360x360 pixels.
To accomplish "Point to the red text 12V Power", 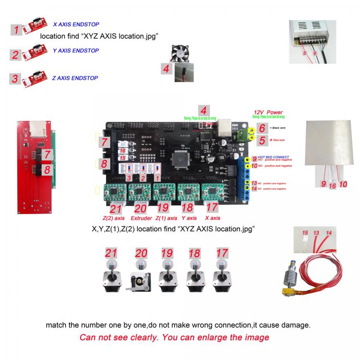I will click(268, 112).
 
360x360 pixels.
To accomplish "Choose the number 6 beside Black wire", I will click(262, 128).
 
